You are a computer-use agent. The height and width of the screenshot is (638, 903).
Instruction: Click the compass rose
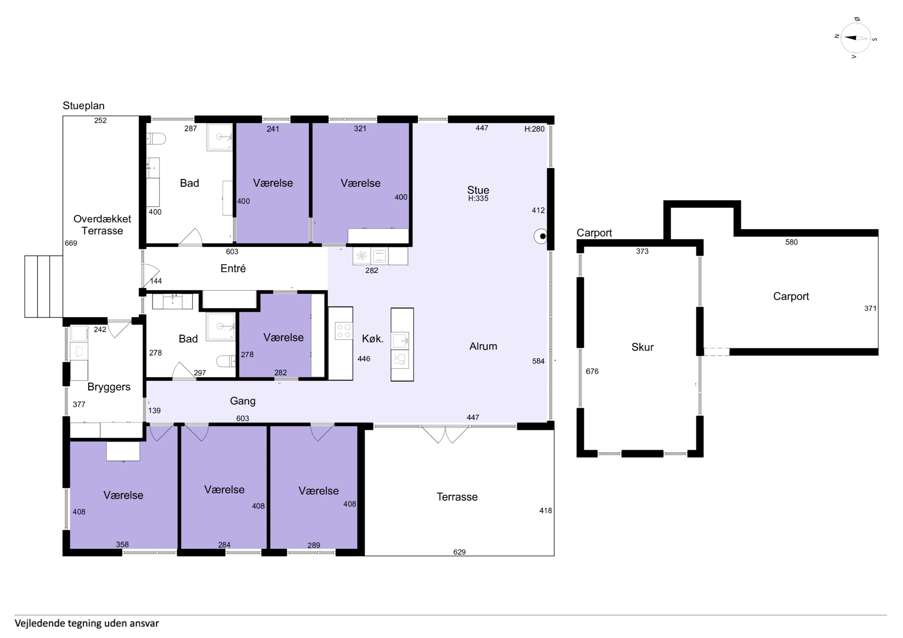coord(855,38)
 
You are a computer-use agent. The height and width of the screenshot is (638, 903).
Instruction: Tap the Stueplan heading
coord(83,106)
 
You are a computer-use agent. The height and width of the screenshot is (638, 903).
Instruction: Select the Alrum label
coord(483,346)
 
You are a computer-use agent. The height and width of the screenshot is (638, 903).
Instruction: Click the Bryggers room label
coord(109,387)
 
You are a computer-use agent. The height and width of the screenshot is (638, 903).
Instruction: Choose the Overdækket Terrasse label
coord(102,225)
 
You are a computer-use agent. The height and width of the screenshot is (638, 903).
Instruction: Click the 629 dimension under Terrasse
coord(459,552)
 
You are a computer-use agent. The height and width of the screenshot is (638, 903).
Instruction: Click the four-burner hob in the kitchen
coord(343,331)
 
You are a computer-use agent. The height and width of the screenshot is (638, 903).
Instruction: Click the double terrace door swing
coord(445,434)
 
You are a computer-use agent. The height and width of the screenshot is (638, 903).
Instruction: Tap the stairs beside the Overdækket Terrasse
coord(44,286)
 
